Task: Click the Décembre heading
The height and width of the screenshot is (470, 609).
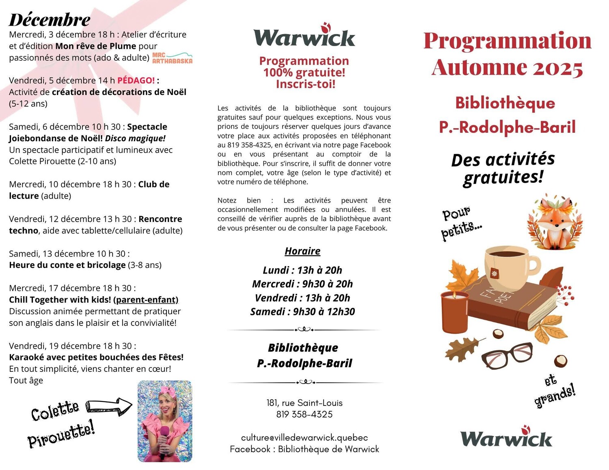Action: pyautogui.click(x=50, y=20)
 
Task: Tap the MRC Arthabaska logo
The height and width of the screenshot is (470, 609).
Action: pyautogui.click(x=172, y=58)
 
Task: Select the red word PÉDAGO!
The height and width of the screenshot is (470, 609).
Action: pyautogui.click(x=136, y=80)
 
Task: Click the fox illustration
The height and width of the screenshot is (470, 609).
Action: pyautogui.click(x=555, y=222)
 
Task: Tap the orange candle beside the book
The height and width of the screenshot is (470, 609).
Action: pyautogui.click(x=454, y=312)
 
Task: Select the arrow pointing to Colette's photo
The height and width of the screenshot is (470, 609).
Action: pyautogui.click(x=110, y=405)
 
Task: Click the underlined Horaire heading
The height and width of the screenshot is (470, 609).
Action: pyautogui.click(x=302, y=251)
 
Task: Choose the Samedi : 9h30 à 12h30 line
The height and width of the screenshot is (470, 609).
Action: pyautogui.click(x=302, y=312)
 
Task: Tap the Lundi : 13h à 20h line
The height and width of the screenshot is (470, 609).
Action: pyautogui.click(x=302, y=270)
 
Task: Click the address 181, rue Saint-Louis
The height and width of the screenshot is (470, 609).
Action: pyautogui.click(x=304, y=403)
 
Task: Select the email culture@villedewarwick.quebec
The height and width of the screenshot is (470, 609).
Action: pyautogui.click(x=304, y=438)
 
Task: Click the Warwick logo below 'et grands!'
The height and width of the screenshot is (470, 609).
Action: pyautogui.click(x=506, y=437)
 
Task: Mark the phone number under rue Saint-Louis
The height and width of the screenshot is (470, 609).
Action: pyautogui.click(x=304, y=414)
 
